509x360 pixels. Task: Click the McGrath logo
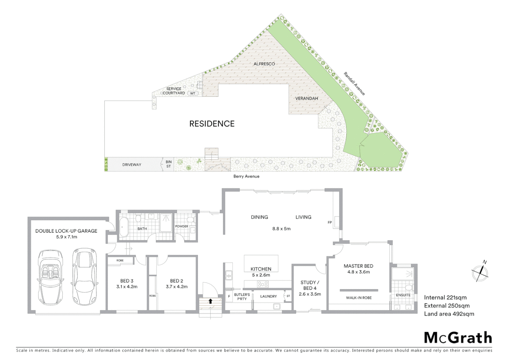click(x=458, y=338)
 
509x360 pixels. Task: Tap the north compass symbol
click(x=480, y=272)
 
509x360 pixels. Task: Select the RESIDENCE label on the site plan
click(x=212, y=124)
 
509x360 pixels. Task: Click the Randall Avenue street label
click(x=354, y=84)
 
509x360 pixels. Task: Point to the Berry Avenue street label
click(x=246, y=176)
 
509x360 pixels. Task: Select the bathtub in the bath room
click(x=124, y=227)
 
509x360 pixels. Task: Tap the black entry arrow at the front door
click(x=210, y=301)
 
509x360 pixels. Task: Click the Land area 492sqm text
click(x=449, y=314)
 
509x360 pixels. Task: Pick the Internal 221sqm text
click(x=445, y=298)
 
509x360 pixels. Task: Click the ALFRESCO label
click(x=264, y=64)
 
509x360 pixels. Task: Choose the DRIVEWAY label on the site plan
click(x=132, y=165)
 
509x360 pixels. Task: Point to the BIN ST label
click(x=169, y=164)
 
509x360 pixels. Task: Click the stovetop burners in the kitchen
click(x=262, y=284)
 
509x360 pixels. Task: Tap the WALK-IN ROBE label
click(x=359, y=298)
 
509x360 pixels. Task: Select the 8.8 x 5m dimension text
click(x=281, y=229)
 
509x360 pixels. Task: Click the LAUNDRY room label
click(x=268, y=296)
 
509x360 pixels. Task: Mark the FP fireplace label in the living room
click(x=329, y=222)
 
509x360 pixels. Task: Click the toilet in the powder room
click(x=191, y=220)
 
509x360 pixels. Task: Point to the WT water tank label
click(x=193, y=93)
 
